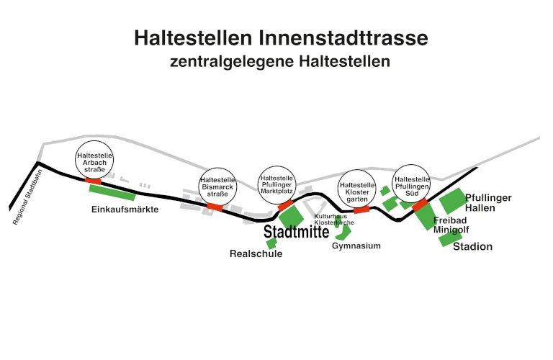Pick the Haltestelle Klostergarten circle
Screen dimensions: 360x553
click(x=357, y=189)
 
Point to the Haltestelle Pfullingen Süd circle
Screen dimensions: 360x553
click(x=412, y=184)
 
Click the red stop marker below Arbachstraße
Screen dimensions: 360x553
click(x=94, y=180)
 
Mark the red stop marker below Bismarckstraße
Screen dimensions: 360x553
click(x=215, y=207)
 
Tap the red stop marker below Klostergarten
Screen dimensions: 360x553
click(x=361, y=210)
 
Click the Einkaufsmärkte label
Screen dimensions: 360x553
click(x=125, y=210)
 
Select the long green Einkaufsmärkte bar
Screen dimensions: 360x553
click(x=112, y=192)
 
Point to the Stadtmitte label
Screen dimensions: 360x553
click(x=297, y=232)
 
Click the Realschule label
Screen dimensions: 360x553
click(x=256, y=253)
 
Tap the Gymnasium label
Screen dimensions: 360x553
click(x=356, y=246)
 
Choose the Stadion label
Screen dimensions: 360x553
click(x=472, y=246)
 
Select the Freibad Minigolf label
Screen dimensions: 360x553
click(x=450, y=225)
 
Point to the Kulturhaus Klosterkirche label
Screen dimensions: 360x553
click(x=333, y=220)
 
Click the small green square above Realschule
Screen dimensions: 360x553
click(x=271, y=243)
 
